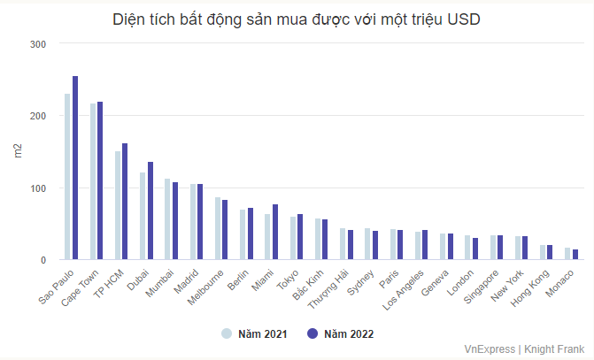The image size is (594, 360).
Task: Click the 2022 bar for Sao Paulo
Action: tap(75, 168)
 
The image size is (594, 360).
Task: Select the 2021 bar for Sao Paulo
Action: tap(67, 177)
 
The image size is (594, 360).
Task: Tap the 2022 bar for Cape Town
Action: tap(100, 180)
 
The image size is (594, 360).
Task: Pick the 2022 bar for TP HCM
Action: tap(125, 202)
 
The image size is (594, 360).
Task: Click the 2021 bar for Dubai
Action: tap(143, 216)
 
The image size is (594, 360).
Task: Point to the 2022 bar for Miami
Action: tap(275, 232)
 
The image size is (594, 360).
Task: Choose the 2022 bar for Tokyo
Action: tap(300, 237)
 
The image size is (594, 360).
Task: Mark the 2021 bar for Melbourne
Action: tap(218, 228)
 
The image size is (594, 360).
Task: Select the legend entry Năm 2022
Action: tap(341, 333)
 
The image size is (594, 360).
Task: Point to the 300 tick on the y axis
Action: tap(40, 43)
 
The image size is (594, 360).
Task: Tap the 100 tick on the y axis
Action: tap(40, 188)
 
